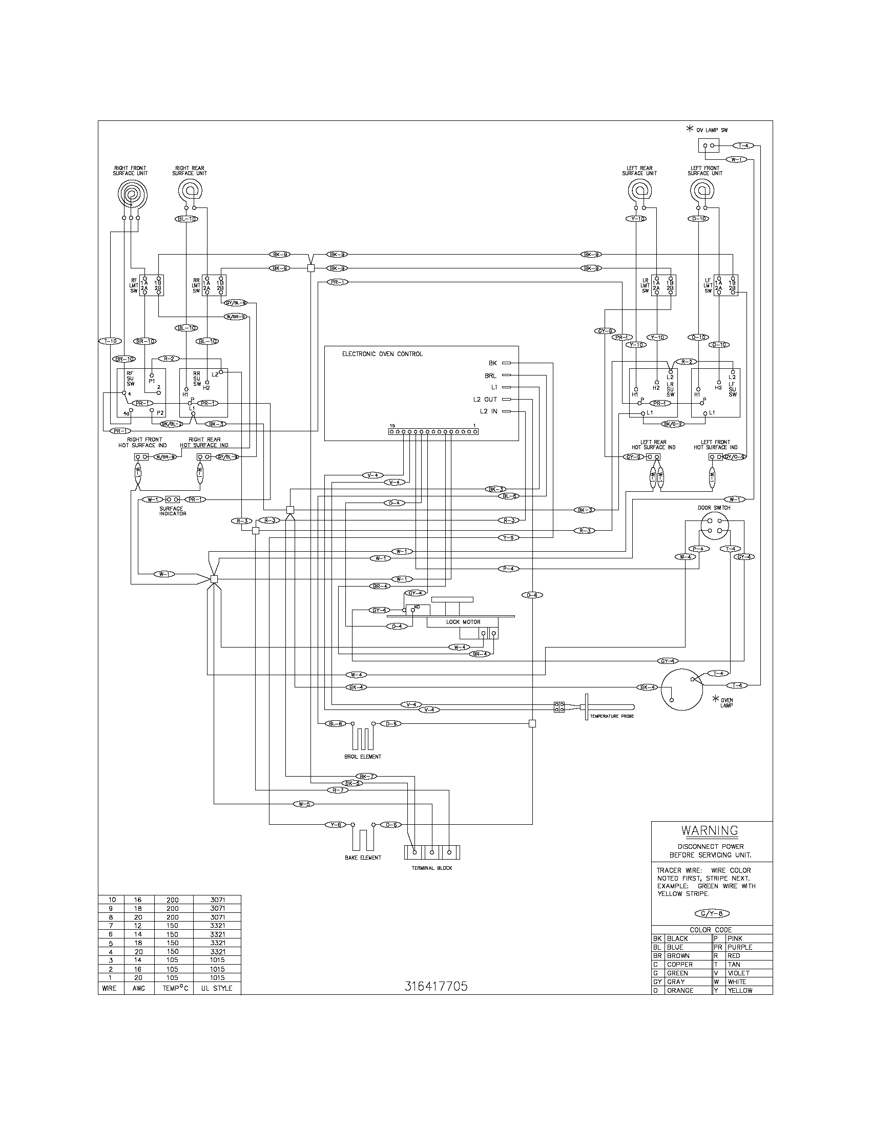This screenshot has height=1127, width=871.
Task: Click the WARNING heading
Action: tap(710, 830)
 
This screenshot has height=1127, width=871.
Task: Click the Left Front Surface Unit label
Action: tap(704, 171)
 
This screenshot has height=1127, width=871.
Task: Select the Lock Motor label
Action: tap(463, 622)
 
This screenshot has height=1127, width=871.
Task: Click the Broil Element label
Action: tap(363, 757)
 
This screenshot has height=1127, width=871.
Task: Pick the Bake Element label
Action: tap(363, 857)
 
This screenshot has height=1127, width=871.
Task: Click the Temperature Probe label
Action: tap(611, 716)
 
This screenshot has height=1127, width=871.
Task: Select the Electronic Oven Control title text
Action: tap(382, 354)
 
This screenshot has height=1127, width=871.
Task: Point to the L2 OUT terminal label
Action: tap(485, 400)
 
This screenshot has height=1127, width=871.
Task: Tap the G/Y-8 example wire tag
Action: tap(712, 913)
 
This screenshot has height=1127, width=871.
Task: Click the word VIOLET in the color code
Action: tap(738, 973)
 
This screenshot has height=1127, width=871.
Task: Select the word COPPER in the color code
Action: tap(679, 964)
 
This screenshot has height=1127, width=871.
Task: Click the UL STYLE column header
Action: tap(217, 988)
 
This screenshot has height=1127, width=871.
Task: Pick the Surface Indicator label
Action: tap(171, 511)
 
